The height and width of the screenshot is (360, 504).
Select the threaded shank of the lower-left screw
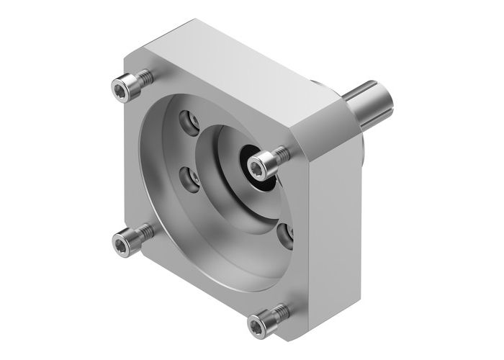(145, 232)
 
